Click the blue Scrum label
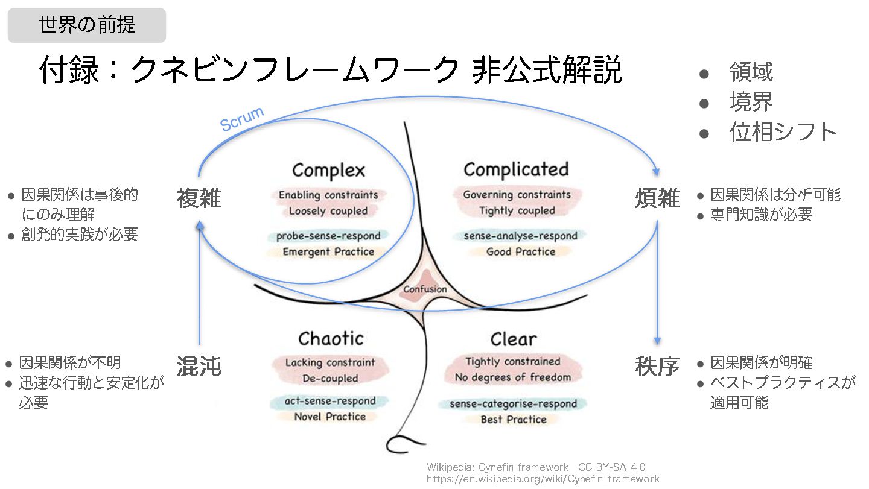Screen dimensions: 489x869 coord(242,119)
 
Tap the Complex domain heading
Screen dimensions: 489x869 coord(328,170)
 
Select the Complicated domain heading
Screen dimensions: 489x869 coord(516,169)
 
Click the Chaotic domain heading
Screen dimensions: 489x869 coord(331,338)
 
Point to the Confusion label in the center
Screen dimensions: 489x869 coord(425,289)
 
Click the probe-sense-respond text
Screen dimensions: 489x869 coord(329,236)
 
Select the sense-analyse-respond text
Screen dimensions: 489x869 coord(520,236)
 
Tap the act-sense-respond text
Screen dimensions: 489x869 coord(329,401)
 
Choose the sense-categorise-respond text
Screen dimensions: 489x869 coord(513,403)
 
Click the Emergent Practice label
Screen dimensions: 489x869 coord(328,251)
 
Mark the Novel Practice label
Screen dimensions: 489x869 coord(329,417)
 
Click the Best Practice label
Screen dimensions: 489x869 coord(514,419)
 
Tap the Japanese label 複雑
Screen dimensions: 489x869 coord(199,198)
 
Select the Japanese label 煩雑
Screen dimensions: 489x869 coord(657,198)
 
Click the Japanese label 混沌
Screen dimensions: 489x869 coord(199,365)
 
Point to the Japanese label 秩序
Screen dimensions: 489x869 coord(657,365)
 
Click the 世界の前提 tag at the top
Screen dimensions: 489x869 coord(87,25)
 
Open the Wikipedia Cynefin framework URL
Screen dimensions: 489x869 coord(543,479)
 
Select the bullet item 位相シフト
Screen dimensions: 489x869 coord(783,132)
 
